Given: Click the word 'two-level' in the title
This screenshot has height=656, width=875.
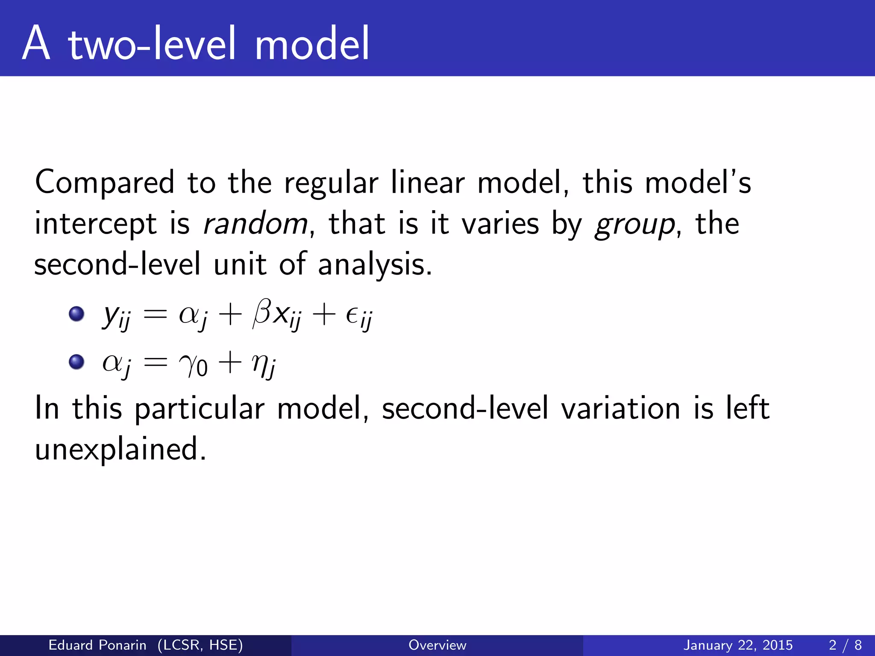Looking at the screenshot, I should [152, 44].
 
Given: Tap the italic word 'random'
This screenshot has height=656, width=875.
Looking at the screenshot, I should [255, 223].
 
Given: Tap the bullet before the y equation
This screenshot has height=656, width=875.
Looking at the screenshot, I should [76, 314].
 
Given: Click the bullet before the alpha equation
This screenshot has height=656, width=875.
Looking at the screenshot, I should [76, 362].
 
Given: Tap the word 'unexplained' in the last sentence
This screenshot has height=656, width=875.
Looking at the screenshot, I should [120, 449].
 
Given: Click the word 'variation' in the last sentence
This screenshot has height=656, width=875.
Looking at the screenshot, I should [620, 408].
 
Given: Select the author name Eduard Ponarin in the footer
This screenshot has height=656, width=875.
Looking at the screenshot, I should [97, 645].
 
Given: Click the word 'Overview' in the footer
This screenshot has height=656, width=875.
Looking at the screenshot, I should [437, 645].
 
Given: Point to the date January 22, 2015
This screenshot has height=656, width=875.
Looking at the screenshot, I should [738, 645].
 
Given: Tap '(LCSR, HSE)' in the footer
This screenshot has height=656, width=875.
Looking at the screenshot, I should [200, 645].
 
